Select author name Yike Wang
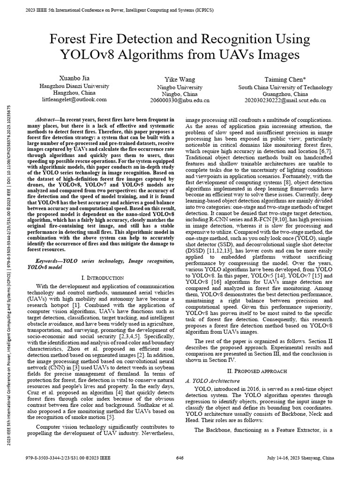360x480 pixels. [180, 80]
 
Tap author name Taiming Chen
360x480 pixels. [285, 80]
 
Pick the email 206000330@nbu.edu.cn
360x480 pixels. [180, 100]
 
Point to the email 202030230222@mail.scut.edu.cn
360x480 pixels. [285, 100]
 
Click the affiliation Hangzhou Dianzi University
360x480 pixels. [75, 86]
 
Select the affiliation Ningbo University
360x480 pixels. [180, 87]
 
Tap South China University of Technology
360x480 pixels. [285, 87]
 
